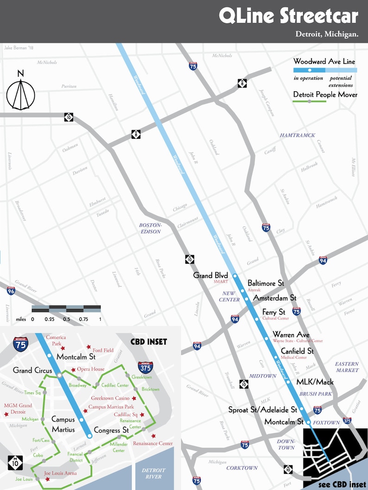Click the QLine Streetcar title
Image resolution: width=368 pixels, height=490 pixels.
click(288, 16)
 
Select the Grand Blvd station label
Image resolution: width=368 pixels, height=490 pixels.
click(210, 275)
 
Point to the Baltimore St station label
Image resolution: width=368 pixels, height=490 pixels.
click(266, 283)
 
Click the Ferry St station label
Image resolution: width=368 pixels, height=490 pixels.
click(273, 312)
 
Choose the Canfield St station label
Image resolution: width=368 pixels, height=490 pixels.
click(297, 351)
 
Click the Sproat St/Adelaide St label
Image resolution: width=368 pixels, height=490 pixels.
click(262, 410)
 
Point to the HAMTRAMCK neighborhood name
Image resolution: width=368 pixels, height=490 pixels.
click(297, 135)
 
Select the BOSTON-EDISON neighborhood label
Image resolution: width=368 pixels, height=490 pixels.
click(150, 228)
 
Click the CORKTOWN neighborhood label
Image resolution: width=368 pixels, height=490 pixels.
click(242, 468)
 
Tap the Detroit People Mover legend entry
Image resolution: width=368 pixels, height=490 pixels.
click(325, 94)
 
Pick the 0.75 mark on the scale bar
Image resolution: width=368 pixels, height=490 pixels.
click(83, 319)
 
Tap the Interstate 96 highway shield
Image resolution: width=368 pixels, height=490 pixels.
click(11, 291)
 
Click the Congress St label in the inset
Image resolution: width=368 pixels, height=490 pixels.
click(111, 430)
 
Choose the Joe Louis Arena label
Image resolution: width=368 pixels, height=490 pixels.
click(60, 473)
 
